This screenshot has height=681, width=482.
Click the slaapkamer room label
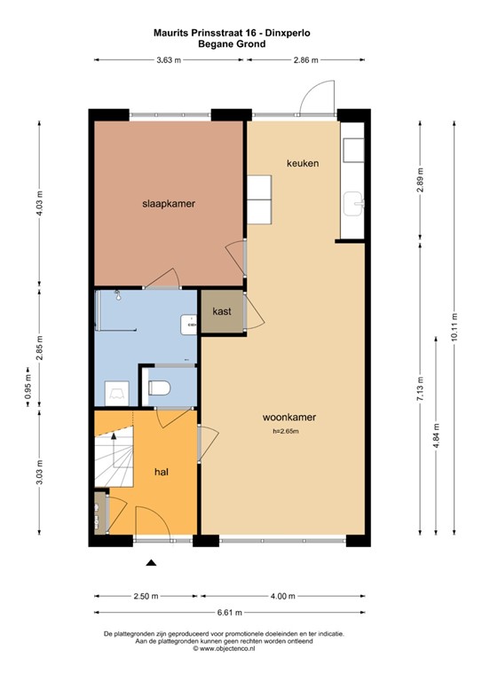pyautogui.click(x=168, y=203)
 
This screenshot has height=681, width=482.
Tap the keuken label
pyautogui.click(x=302, y=164)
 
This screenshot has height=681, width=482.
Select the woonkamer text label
pyautogui.click(x=289, y=417)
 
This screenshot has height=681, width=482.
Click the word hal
pyautogui.click(x=162, y=473)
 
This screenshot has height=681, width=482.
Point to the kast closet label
pyautogui.click(x=222, y=312)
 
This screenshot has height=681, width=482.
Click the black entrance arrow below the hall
pyautogui.click(x=151, y=562)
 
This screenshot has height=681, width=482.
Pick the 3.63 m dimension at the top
pyautogui.click(x=168, y=60)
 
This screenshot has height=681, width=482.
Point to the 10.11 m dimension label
pyautogui.click(x=454, y=330)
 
